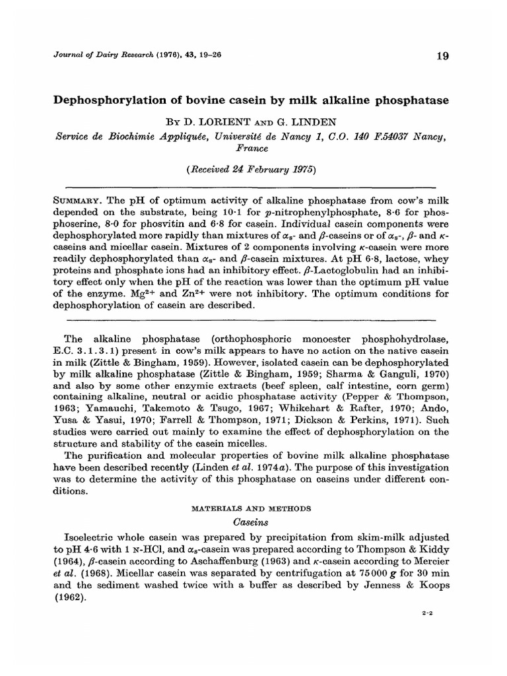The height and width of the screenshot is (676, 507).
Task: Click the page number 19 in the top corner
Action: [442, 57]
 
